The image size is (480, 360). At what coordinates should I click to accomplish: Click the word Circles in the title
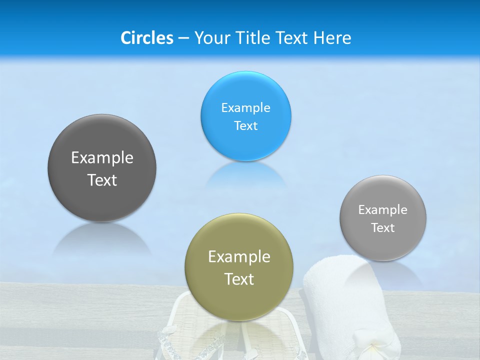tap(146, 38)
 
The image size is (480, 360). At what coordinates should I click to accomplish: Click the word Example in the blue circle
tap(245, 107)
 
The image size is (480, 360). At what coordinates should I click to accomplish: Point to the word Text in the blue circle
tap(245, 125)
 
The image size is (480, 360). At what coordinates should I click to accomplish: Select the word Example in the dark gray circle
tap(102, 157)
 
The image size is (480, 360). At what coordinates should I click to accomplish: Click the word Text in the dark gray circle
tap(102, 180)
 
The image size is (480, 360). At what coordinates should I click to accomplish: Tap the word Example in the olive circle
tap(239, 256)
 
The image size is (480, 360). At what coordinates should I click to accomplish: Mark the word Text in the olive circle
tap(239, 279)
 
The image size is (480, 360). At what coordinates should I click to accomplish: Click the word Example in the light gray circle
tap(383, 209)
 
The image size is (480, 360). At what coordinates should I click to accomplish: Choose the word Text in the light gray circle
tap(383, 227)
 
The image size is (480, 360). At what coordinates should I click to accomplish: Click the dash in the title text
tap(183, 38)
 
